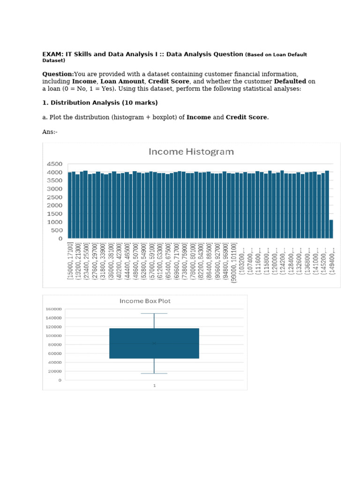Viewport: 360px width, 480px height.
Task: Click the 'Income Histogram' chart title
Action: point(191,152)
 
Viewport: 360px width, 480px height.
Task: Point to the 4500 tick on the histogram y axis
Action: point(54,164)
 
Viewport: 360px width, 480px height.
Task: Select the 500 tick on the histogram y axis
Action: point(56,231)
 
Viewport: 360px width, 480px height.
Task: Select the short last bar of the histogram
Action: point(331,229)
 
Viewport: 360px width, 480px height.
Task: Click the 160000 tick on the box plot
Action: point(54,309)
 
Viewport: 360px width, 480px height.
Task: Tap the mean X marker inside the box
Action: point(154,343)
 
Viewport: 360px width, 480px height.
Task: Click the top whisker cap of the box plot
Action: point(154,313)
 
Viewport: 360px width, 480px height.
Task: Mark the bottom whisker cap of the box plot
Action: point(154,373)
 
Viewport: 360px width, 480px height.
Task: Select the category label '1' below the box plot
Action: point(154,385)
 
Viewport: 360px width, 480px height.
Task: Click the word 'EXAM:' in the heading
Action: point(52,54)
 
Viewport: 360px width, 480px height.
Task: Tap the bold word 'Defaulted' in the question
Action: point(290,81)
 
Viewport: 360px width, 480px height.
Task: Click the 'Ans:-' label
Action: point(50,132)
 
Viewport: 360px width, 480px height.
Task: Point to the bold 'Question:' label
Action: point(58,74)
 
